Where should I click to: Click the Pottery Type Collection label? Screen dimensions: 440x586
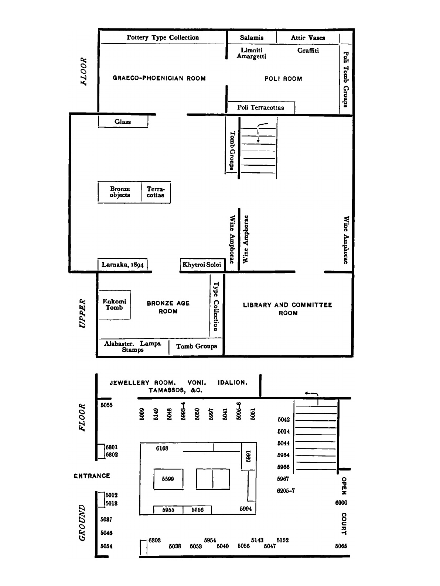click(163, 37)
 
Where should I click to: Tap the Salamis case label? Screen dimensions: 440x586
click(252, 38)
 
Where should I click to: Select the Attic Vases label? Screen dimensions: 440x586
click(308, 38)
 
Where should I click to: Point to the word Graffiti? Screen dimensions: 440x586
click(308, 51)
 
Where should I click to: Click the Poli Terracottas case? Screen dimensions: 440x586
click(261, 108)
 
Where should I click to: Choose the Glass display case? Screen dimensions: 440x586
click(123, 121)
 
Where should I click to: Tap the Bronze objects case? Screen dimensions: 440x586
click(120, 192)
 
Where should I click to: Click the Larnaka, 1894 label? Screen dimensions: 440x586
click(123, 265)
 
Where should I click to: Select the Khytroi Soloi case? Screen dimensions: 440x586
click(202, 265)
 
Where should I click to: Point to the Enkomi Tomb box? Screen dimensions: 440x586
click(114, 305)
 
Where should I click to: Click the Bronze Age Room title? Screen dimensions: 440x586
click(168, 307)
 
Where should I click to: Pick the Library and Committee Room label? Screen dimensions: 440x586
click(287, 309)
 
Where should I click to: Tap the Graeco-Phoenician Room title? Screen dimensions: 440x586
click(159, 78)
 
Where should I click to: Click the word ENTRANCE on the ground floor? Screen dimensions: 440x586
click(92, 476)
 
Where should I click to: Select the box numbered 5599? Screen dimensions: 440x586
click(168, 479)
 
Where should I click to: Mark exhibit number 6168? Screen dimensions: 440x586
click(162, 448)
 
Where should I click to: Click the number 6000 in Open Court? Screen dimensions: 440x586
click(341, 503)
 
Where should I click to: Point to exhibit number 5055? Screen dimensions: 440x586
click(107, 405)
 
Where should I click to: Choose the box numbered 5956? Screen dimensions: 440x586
click(198, 510)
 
